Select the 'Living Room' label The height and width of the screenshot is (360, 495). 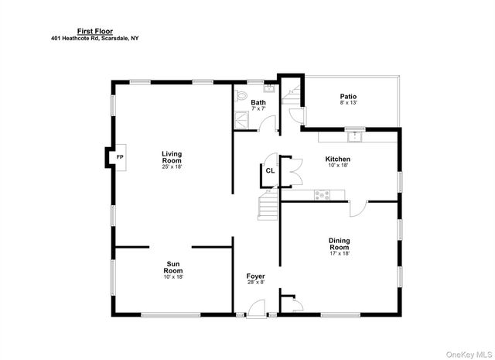click(172, 156)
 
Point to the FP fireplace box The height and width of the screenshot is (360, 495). click(119, 157)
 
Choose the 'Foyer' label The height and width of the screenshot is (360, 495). click(255, 276)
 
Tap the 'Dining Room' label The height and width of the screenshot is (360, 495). click(339, 244)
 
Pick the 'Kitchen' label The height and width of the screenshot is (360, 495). click(338, 159)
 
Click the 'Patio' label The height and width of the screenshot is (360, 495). click(348, 97)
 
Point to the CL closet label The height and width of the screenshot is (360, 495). click(270, 170)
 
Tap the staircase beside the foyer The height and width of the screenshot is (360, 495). click(268, 207)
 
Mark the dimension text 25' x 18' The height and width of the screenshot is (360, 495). click(172, 166)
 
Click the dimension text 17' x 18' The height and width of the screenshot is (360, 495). click(339, 254)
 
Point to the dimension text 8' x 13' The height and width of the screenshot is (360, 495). click(348, 103)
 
